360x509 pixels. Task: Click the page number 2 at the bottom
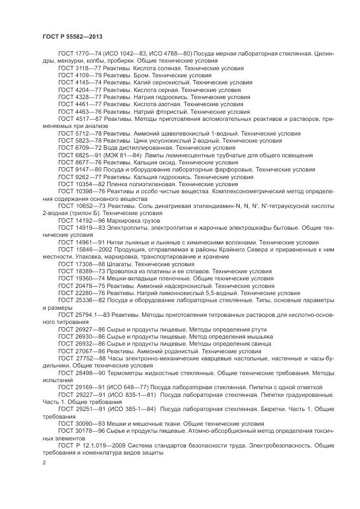45,462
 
